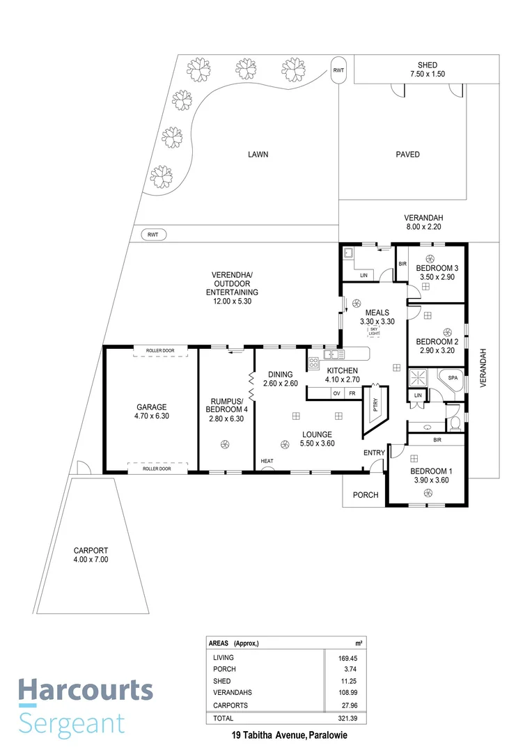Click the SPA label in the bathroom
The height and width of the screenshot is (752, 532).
click(x=452, y=377)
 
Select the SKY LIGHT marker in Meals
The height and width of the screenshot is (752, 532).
click(x=373, y=334)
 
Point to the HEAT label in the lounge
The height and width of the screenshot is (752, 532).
click(x=267, y=462)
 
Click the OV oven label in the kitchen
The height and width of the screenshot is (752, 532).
click(x=336, y=393)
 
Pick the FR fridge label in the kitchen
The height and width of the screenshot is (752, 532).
click(x=352, y=393)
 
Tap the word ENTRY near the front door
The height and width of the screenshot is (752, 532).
click(x=374, y=453)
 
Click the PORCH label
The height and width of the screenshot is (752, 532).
click(x=366, y=495)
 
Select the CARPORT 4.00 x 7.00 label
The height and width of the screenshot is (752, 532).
click(x=91, y=554)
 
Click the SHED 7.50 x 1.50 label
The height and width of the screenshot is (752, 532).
click(x=428, y=70)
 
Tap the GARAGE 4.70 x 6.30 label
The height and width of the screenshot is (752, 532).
click(x=151, y=412)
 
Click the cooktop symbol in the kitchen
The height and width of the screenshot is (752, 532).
click(x=313, y=363)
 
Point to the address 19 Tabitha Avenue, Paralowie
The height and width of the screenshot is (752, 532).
click(x=290, y=735)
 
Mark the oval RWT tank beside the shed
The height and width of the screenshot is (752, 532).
click(x=338, y=70)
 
